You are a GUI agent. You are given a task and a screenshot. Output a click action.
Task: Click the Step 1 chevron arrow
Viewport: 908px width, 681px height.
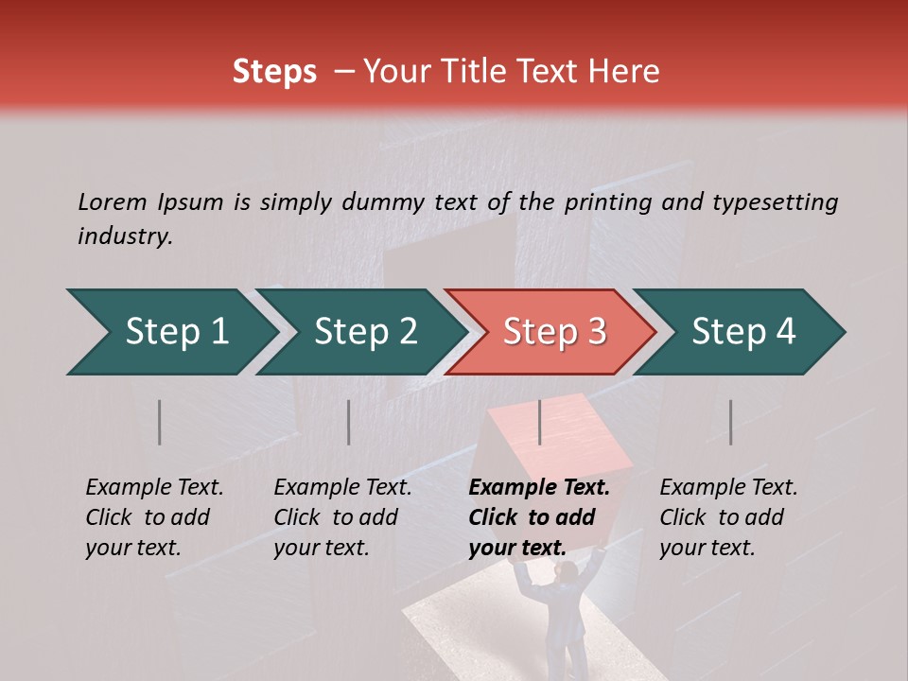tap(176, 332)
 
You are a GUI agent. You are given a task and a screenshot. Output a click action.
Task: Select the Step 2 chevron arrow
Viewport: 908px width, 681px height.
tap(365, 332)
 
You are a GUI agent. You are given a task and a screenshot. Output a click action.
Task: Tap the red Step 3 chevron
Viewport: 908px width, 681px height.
tap(554, 332)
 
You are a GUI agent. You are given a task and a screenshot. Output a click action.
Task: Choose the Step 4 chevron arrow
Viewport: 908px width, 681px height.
tap(743, 332)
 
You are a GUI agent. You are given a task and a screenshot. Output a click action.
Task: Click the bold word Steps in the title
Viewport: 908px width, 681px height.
tap(274, 71)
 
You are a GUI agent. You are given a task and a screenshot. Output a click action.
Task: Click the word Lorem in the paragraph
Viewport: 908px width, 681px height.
tap(113, 201)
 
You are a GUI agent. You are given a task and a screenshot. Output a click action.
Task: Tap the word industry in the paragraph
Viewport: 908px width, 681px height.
tap(124, 236)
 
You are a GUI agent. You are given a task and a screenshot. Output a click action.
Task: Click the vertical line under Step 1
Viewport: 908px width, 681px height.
tap(160, 422)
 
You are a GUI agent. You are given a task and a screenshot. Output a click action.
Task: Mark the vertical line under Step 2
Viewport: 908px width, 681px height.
tap(349, 422)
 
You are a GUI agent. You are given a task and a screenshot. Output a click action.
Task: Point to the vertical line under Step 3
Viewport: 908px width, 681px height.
tap(539, 422)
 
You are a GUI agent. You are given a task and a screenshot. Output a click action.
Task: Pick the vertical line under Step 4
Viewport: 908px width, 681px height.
tap(730, 422)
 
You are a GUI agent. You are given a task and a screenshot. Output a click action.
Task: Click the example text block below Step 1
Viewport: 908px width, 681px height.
tap(154, 517)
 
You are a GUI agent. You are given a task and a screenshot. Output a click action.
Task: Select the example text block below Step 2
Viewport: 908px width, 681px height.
tap(342, 517)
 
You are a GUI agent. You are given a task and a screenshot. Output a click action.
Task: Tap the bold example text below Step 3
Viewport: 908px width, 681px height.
tap(539, 517)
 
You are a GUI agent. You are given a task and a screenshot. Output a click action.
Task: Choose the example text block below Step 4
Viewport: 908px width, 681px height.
tap(728, 517)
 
